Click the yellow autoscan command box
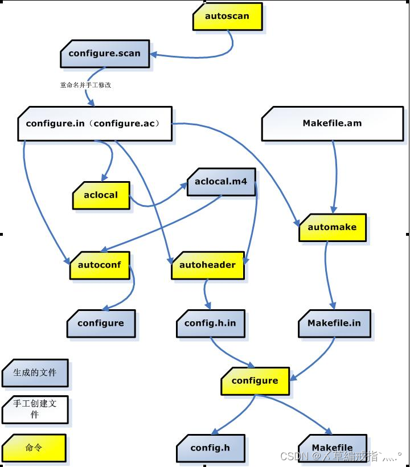(x=227, y=16)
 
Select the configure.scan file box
(x=105, y=54)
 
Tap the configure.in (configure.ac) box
(x=95, y=123)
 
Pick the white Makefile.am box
(x=332, y=123)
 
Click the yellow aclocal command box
(x=101, y=195)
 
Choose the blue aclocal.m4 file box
(x=221, y=182)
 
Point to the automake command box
(x=332, y=227)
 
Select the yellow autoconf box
(x=100, y=265)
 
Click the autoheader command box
(x=207, y=265)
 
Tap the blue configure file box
(x=101, y=323)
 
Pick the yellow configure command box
(x=255, y=381)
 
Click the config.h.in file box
(x=210, y=323)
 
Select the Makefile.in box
(x=334, y=323)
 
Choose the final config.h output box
(x=210, y=448)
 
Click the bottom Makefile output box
(x=332, y=448)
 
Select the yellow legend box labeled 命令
(x=34, y=448)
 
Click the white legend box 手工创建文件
(x=35, y=409)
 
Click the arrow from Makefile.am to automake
(x=334, y=177)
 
